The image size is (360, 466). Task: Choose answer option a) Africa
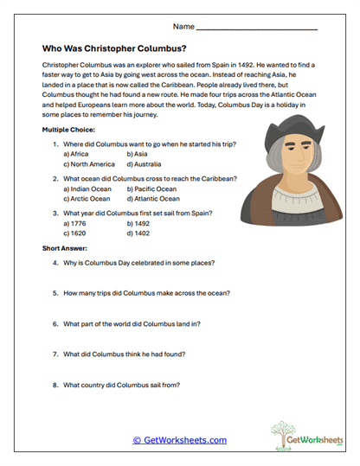[82, 153]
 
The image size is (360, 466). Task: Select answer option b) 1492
[139, 223]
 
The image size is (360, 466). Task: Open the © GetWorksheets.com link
[180, 440]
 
